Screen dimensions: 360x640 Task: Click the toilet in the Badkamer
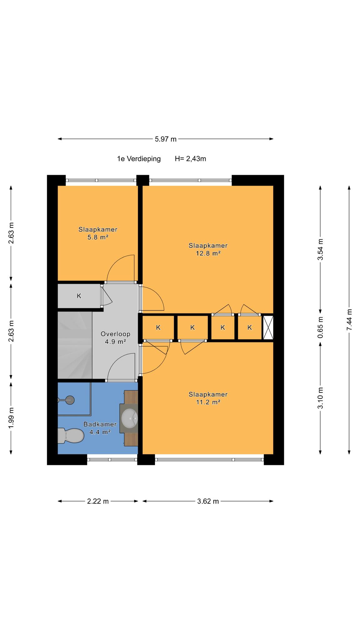pos(71,436)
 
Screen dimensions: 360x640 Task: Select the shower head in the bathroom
pos(69,400)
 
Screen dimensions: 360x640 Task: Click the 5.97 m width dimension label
pos(166,139)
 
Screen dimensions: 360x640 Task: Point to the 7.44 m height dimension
pos(349,319)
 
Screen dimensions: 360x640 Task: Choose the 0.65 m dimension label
pos(320,327)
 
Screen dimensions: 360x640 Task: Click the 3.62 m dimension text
pos(208,501)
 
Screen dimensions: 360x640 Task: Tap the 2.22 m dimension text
pos(98,501)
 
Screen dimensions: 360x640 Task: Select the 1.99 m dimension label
pos(11,418)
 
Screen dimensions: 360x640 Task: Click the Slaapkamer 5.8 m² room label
pos(98,233)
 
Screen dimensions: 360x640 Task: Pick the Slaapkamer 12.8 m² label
pos(208,249)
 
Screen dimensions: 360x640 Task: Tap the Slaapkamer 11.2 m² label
pos(208,398)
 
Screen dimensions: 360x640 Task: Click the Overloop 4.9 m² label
pos(115,337)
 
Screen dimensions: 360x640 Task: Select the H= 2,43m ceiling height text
pos(190,159)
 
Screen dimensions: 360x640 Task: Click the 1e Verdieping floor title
pos(139,159)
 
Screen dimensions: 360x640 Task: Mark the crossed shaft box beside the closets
pos(268,327)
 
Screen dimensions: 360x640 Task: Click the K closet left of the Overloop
pos(79,296)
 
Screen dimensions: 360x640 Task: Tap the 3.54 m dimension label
pos(320,249)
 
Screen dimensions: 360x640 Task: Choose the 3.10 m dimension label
pos(320,397)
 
